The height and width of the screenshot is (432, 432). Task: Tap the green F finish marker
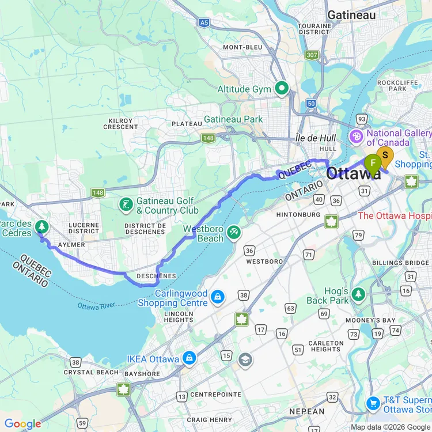(373, 164)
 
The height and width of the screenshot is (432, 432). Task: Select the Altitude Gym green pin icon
(282, 89)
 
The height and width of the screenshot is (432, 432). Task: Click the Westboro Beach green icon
(233, 232)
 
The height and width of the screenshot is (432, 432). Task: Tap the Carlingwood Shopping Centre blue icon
(217, 297)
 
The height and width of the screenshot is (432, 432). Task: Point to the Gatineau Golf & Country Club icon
(126, 204)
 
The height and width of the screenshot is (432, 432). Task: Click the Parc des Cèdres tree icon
(41, 226)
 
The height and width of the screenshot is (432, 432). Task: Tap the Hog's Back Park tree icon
(359, 294)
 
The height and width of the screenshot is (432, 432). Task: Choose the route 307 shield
(312, 55)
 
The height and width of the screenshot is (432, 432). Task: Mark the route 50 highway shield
(311, 103)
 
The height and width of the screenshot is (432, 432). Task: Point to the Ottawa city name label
(354, 173)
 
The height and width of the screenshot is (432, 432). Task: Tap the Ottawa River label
(97, 305)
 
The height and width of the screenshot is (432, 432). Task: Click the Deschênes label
(157, 276)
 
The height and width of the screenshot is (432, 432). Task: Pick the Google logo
(23, 425)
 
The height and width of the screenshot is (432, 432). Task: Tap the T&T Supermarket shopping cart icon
(373, 403)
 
